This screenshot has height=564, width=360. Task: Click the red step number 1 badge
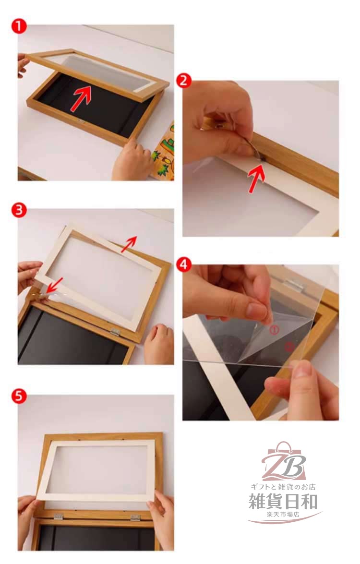click(x=19, y=26)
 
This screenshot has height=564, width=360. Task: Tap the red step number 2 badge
click(x=184, y=81)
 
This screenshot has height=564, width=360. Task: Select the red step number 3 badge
click(x=19, y=210)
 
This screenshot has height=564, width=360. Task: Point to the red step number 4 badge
click(x=184, y=265)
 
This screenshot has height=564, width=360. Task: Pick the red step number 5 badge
click(x=19, y=396)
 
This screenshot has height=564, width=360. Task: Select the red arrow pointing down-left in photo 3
click(x=55, y=286)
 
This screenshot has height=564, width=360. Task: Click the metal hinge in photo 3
click(x=115, y=332)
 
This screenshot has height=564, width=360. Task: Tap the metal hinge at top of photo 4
click(x=294, y=283)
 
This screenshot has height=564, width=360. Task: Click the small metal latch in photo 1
click(x=82, y=121)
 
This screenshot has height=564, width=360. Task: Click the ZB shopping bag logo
click(x=284, y=461)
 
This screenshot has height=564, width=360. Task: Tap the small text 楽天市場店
click(x=283, y=515)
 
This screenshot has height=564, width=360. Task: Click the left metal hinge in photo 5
click(x=59, y=517)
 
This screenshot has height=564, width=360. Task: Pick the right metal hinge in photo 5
click(x=135, y=517)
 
